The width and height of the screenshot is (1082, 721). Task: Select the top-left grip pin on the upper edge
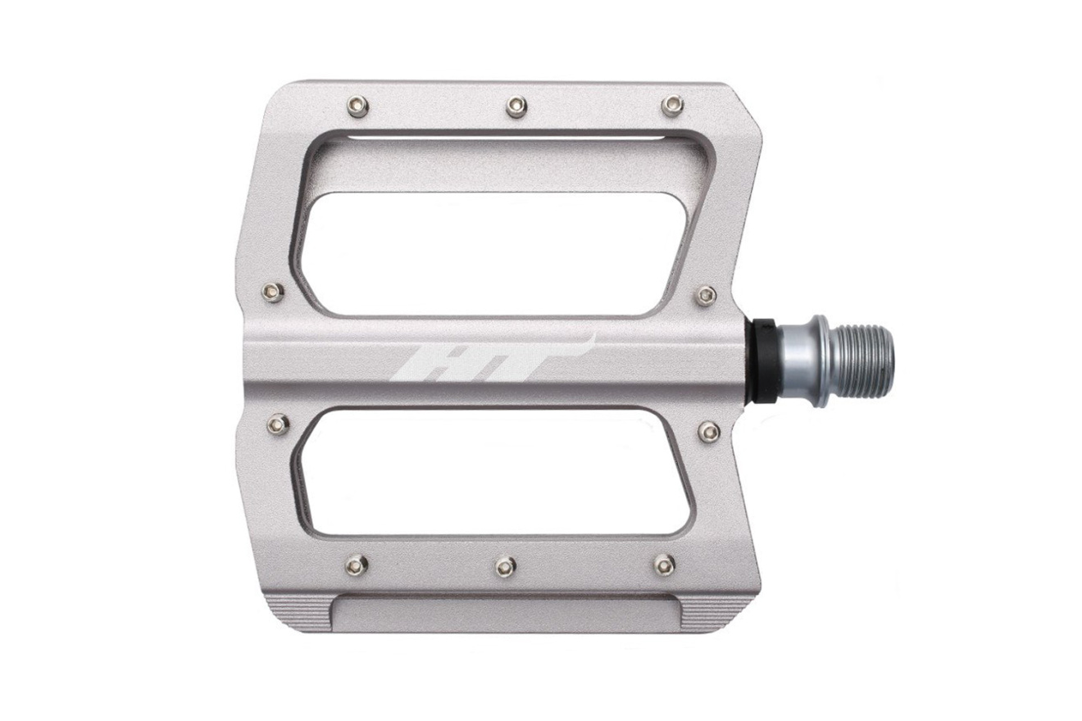358,107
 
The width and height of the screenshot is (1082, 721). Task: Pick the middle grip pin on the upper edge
516,107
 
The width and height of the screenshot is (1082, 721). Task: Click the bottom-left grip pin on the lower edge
357,565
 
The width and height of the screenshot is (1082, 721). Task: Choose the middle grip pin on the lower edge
505,565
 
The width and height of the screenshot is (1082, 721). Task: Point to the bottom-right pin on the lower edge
665,565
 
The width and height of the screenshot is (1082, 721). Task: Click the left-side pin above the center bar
273,291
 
